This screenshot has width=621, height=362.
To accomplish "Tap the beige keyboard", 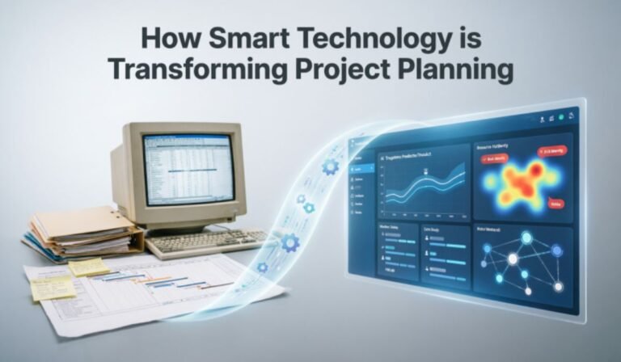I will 205,240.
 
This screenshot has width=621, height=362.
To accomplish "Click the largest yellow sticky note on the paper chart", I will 52,288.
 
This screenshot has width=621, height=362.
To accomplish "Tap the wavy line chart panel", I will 423,183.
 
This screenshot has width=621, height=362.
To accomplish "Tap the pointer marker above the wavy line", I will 425,170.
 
